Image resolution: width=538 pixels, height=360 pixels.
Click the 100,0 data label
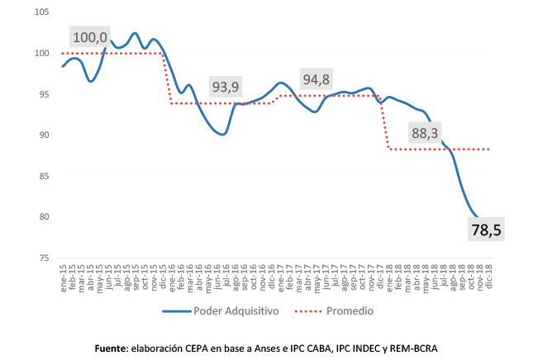90,37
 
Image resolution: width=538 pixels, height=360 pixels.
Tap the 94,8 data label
320,80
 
